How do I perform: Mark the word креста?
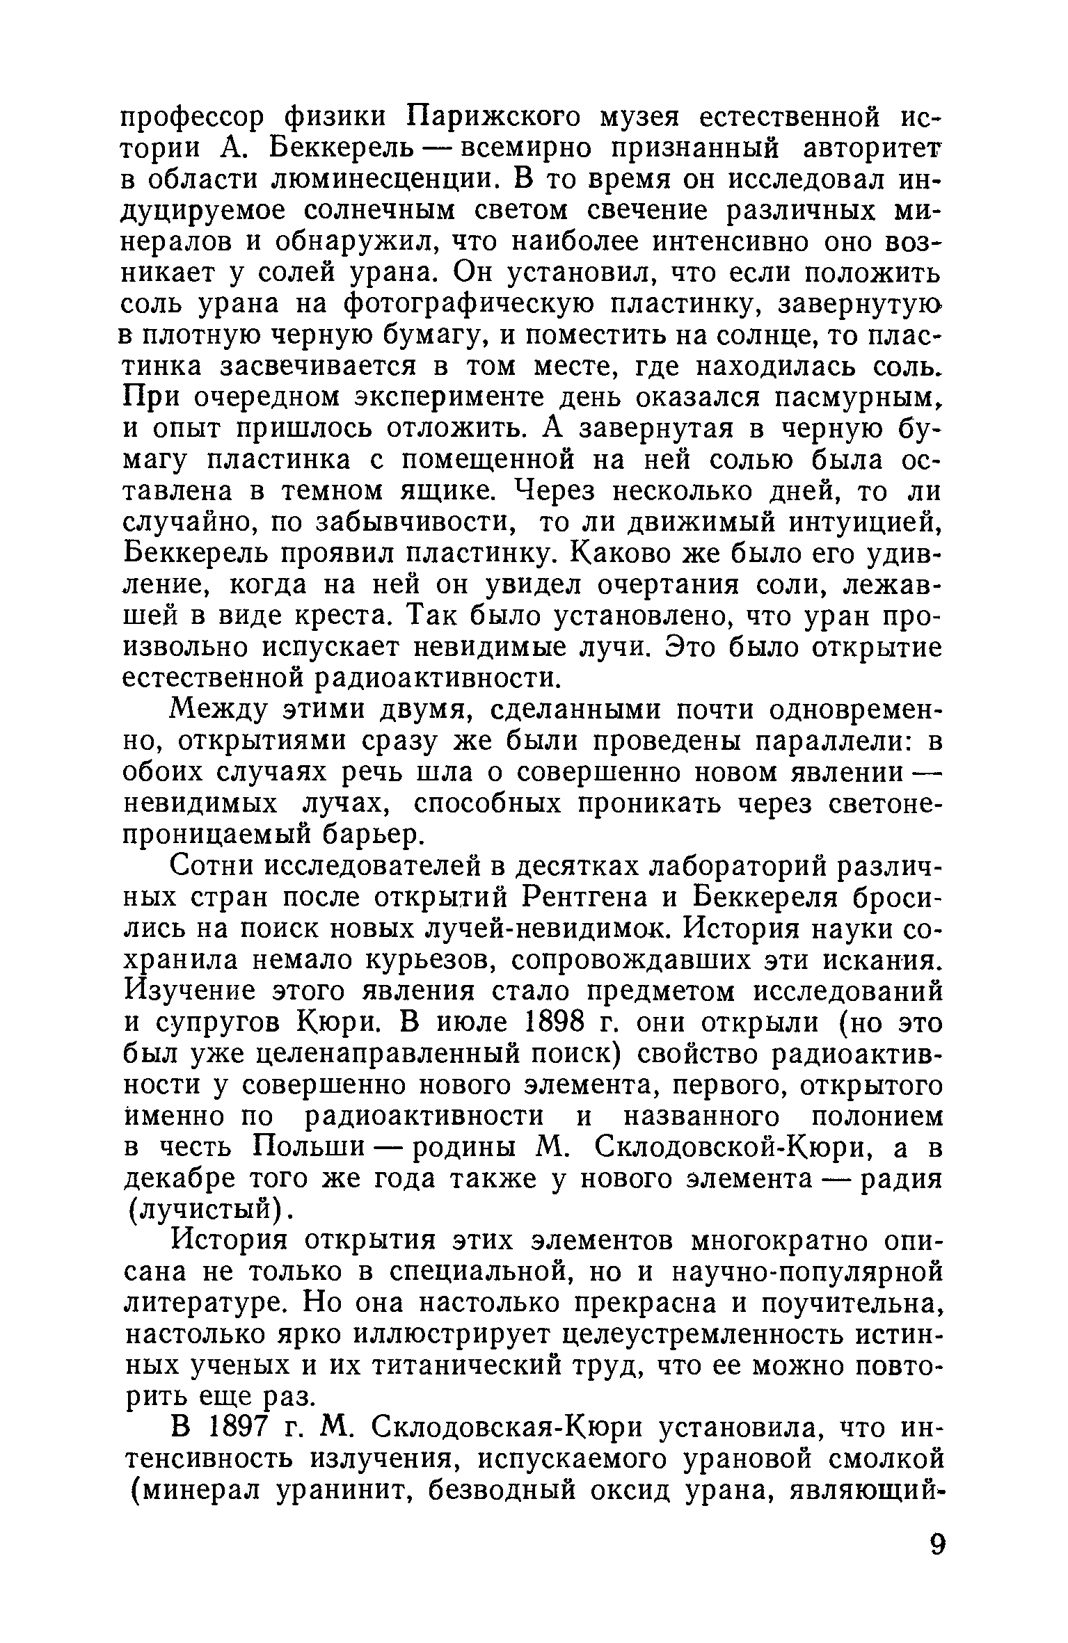click(x=345, y=616)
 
